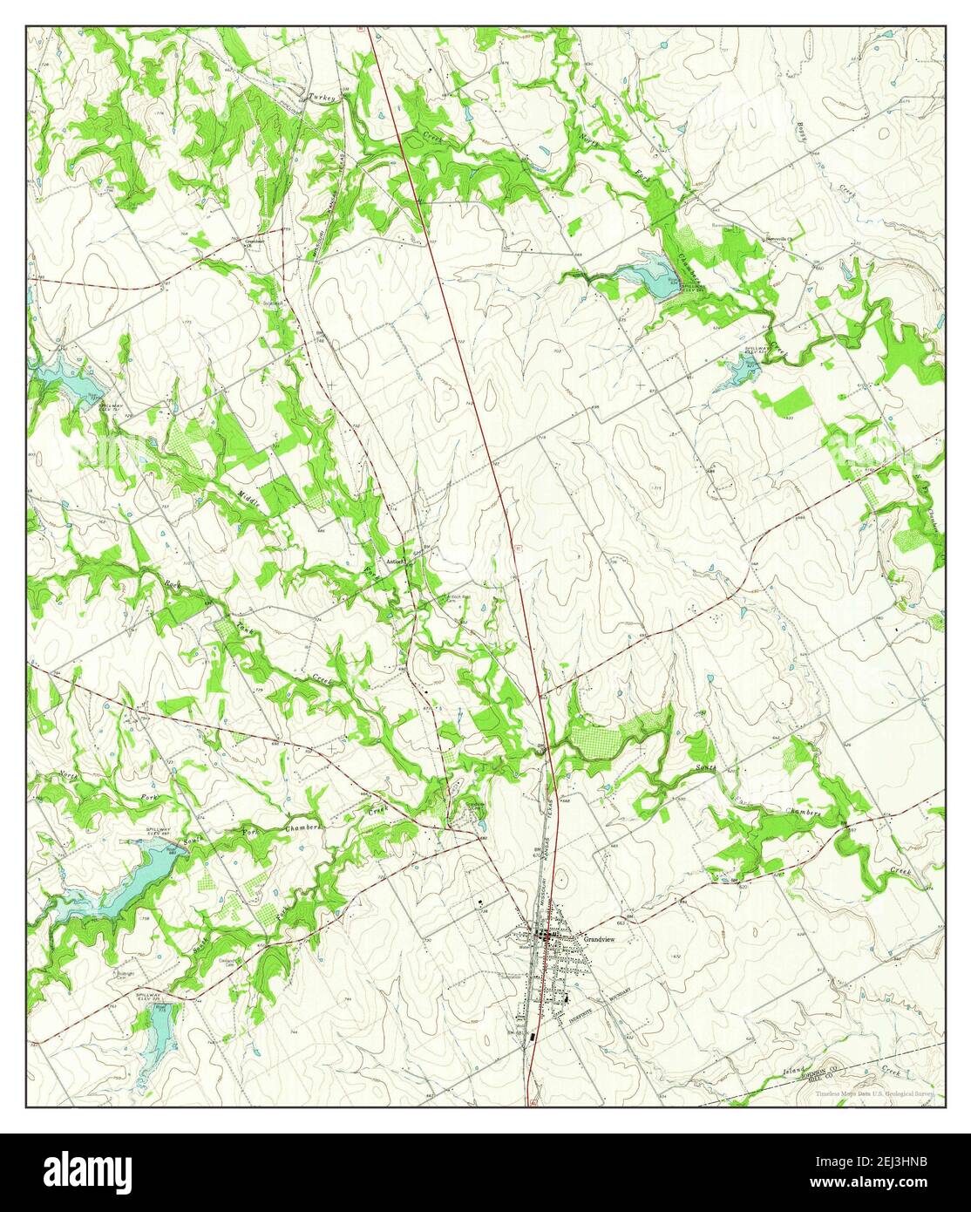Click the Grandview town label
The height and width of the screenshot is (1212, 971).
[600, 939]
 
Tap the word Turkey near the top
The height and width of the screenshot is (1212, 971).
[322, 99]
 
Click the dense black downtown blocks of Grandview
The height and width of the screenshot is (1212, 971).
[551, 939]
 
